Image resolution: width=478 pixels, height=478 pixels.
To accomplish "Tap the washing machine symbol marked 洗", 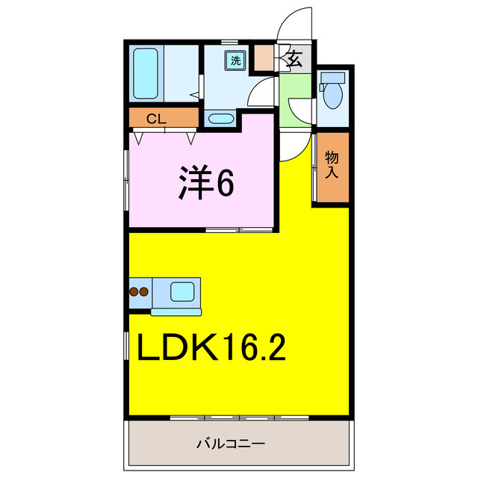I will [235, 60].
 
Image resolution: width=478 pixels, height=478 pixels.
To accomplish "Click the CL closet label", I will [155, 117].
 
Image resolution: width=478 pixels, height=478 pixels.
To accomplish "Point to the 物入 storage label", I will [332, 164].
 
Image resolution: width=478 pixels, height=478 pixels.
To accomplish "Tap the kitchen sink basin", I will [182, 291].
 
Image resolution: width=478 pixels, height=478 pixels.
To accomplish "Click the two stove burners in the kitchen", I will [139, 292].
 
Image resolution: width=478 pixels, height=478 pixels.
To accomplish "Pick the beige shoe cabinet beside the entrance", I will [264, 59].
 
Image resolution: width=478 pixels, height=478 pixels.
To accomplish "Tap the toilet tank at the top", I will [332, 77].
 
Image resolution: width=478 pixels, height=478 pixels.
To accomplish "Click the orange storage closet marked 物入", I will [331, 168].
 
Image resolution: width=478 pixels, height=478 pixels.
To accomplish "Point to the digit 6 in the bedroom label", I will [224, 182].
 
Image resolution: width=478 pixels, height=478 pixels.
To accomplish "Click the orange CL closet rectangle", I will [164, 118].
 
